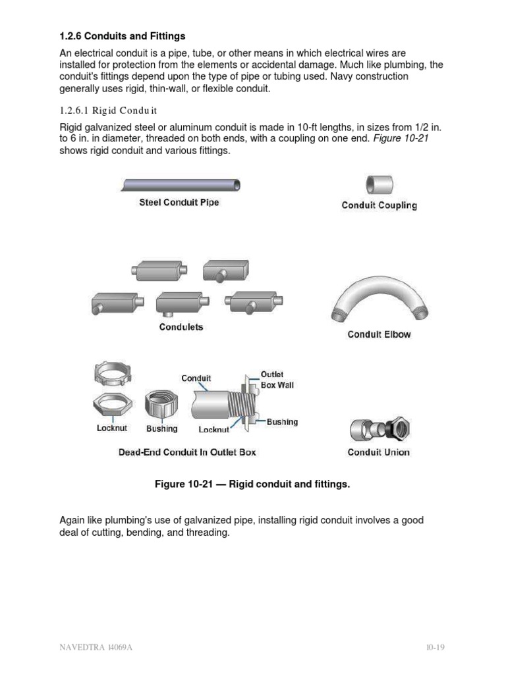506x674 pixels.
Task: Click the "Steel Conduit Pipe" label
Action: click(179, 203)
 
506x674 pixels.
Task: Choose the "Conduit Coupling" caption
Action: click(379, 205)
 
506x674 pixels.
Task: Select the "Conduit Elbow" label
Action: click(379, 334)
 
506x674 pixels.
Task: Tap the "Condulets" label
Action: click(181, 326)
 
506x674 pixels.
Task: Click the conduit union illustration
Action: click(379, 428)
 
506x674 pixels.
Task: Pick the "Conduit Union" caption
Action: click(379, 452)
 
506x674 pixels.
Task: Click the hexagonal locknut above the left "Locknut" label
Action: click(112, 406)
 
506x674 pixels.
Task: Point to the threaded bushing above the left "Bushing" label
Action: click(162, 405)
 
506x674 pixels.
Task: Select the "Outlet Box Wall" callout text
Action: click(277, 380)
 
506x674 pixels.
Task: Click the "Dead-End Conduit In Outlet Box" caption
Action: click(187, 452)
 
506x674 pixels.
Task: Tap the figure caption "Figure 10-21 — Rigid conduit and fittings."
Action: click(252, 484)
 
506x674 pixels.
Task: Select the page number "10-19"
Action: click(435, 647)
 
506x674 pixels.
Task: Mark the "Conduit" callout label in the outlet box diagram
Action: click(196, 378)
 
